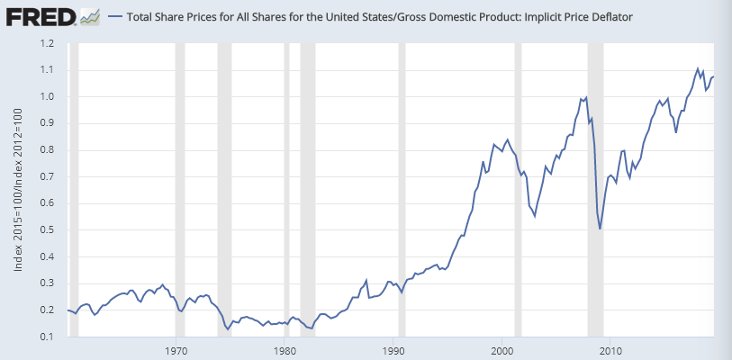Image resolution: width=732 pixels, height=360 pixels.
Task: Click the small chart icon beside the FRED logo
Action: (89, 16)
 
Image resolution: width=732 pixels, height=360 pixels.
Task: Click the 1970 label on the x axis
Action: (177, 350)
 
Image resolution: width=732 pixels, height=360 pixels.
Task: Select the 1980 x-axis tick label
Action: (285, 350)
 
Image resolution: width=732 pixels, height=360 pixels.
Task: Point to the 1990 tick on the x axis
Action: (394, 350)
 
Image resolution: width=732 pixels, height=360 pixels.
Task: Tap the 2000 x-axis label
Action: (502, 350)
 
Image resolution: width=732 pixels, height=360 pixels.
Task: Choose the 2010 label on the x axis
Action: (610, 350)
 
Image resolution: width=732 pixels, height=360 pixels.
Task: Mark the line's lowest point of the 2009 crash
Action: (600, 229)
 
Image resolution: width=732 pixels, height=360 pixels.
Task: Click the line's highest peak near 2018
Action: (698, 68)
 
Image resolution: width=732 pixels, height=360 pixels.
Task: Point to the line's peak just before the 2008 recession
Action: (586, 96)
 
